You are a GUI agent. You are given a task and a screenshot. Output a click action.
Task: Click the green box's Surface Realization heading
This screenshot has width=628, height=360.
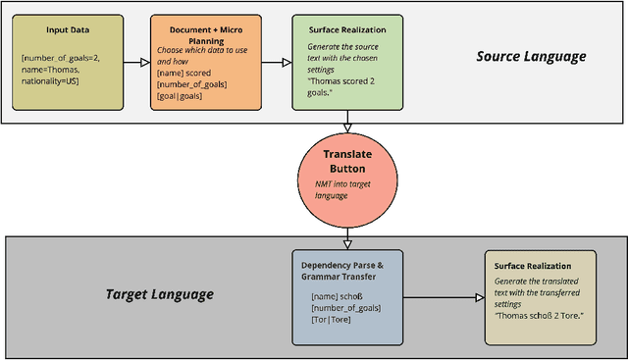[x=348, y=30]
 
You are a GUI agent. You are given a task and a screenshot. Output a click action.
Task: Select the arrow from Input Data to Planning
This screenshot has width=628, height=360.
[x=136, y=63]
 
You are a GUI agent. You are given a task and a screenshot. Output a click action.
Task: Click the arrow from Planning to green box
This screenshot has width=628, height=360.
[x=280, y=63]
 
